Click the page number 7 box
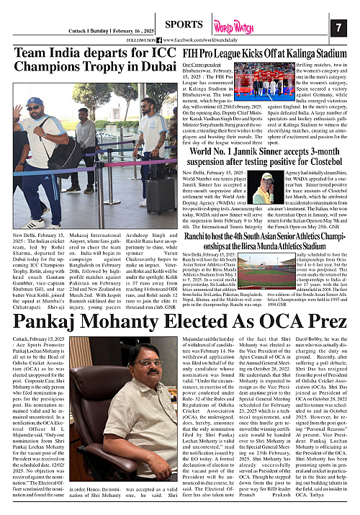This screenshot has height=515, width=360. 338,27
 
